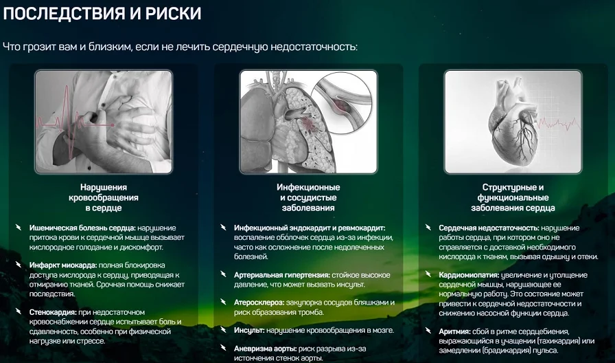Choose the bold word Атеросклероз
coord(262,302)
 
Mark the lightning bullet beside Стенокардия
coord(19,311)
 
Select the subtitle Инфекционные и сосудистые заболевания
coord(308,197)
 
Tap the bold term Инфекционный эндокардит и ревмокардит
coord(309,228)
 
